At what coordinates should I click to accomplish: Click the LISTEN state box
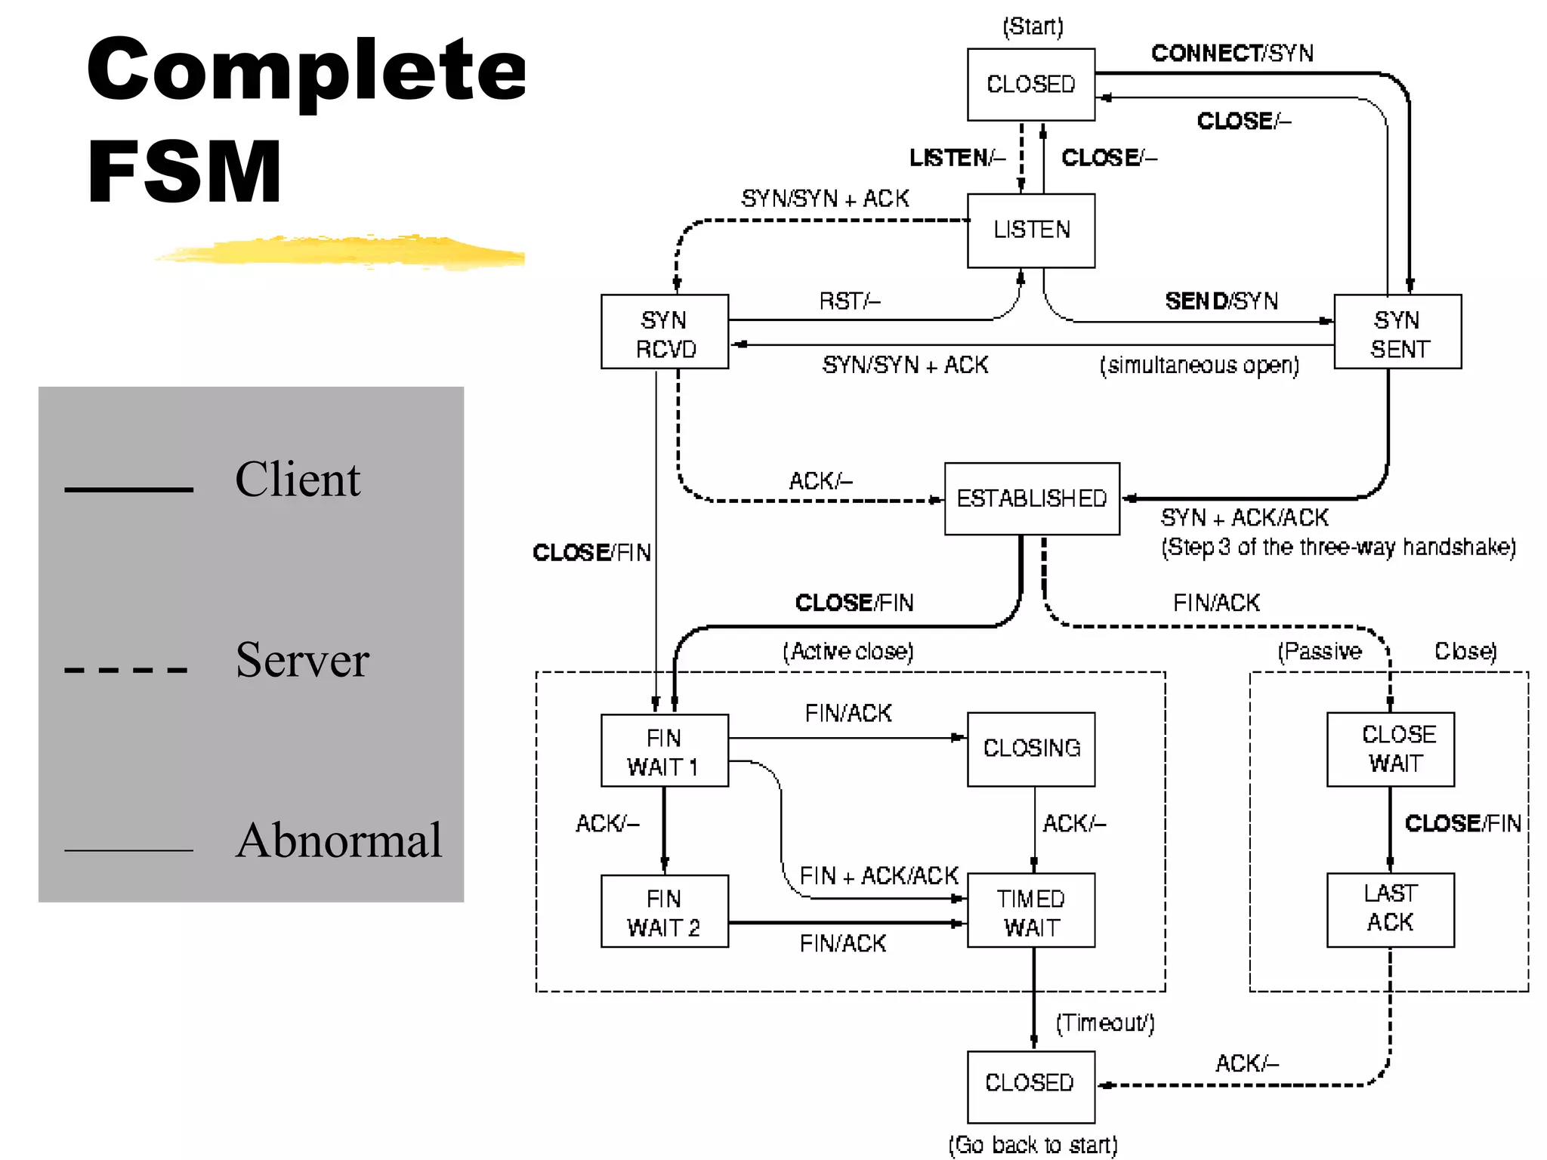(1031, 230)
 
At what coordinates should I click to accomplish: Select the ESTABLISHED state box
(1032, 498)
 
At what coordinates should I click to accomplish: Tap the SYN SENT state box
(1397, 332)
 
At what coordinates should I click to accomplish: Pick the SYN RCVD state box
(665, 332)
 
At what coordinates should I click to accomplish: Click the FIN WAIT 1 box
(665, 751)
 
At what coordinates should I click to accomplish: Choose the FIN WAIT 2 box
(665, 912)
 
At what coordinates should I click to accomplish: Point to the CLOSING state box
(1031, 748)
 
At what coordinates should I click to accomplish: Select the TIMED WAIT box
(1031, 912)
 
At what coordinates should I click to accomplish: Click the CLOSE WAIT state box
(1391, 749)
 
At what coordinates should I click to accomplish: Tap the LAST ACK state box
(1391, 909)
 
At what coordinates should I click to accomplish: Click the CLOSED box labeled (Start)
(1031, 84)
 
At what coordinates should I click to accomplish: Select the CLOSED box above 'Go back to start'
(1031, 1085)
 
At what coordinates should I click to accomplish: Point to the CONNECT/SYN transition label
(1232, 53)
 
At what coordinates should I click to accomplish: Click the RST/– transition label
(850, 301)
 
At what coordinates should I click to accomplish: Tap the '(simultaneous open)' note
(1200, 366)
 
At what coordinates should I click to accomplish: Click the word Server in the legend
(302, 660)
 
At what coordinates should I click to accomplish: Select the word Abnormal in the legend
(338, 841)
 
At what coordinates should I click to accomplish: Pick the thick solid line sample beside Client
(129, 489)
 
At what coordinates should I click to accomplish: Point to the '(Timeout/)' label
(1105, 1023)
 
